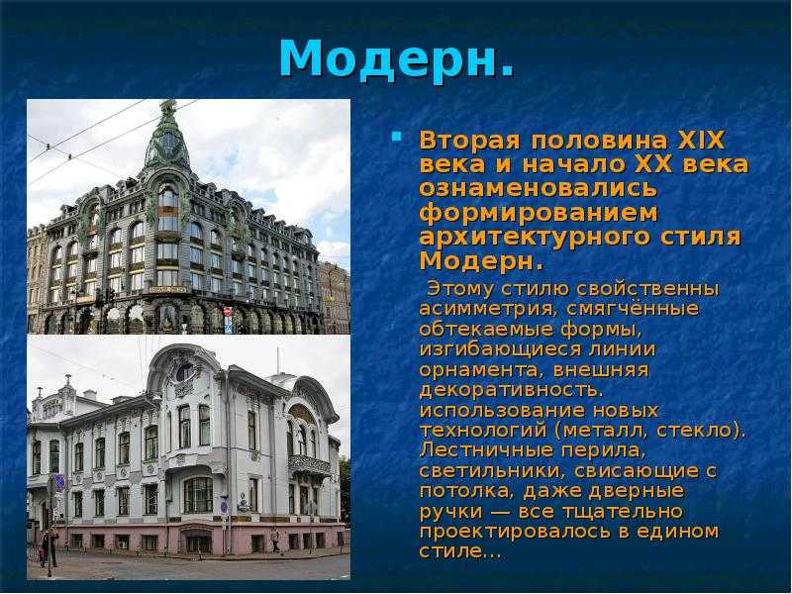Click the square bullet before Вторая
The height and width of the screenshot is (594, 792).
pos(397,136)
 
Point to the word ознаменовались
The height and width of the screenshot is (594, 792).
pos(538,189)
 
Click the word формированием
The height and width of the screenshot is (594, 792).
pos(538,213)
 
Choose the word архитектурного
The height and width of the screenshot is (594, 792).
pos(526,238)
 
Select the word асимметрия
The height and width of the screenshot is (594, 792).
pos(488,309)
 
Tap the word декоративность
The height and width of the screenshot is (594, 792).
pos(511,390)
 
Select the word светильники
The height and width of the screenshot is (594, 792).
pos(489,471)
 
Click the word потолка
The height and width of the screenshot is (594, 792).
pos(466,491)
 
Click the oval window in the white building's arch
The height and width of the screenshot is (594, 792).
pos(184,372)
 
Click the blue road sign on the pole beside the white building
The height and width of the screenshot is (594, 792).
pos(59,482)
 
